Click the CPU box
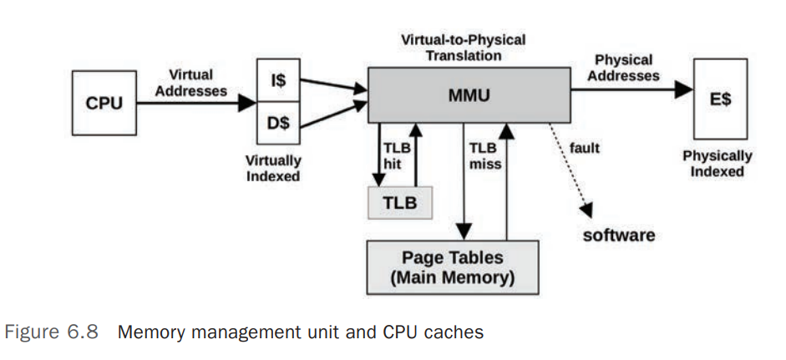(104, 104)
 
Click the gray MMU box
(469, 97)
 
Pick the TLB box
(400, 202)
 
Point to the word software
(619, 235)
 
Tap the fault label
(586, 149)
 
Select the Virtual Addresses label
(190, 82)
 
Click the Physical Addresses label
(624, 68)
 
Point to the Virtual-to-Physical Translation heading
(463, 48)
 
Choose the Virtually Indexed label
(274, 168)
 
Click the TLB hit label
(393, 155)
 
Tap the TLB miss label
(484, 155)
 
